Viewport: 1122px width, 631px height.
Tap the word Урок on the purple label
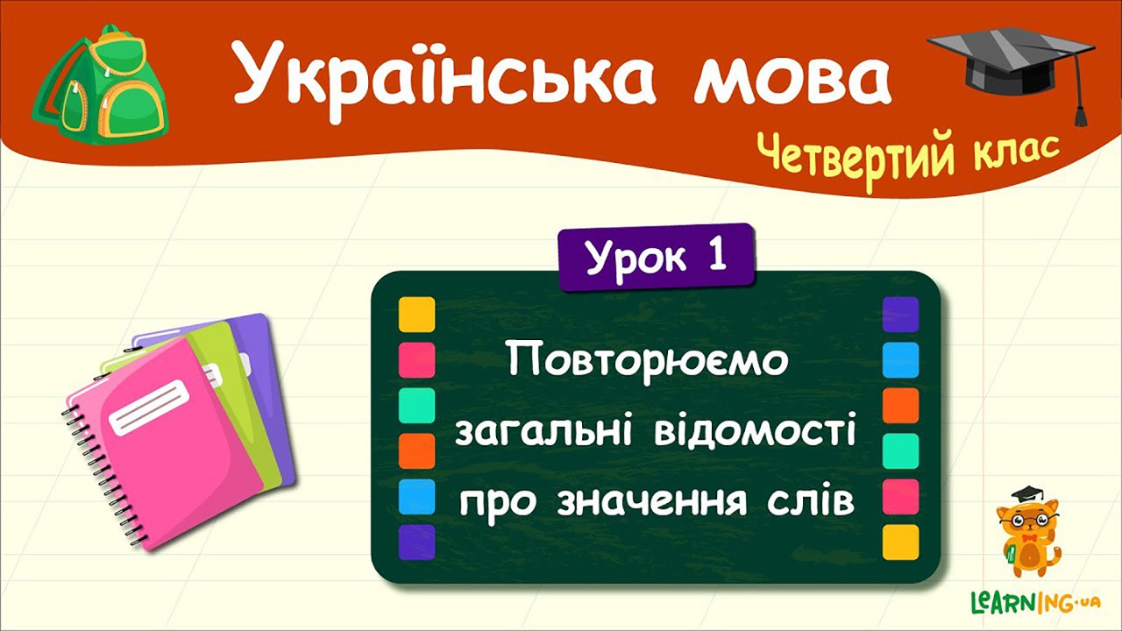(636, 259)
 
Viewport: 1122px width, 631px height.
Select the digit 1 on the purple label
(717, 255)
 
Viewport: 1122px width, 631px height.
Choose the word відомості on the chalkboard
(755, 429)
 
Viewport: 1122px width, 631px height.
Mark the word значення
(651, 503)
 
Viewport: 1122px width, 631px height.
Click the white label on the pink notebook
(149, 408)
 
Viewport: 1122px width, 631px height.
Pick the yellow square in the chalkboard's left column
(416, 315)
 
